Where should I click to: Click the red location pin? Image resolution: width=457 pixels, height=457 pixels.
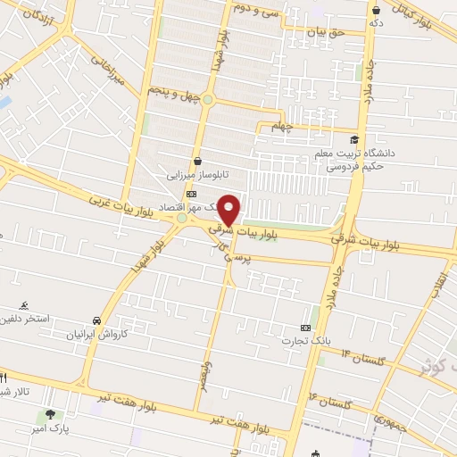click(229, 210)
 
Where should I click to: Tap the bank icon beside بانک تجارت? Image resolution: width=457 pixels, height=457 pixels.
click(306, 328)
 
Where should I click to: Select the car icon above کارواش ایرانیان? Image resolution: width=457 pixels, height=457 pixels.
click(96, 320)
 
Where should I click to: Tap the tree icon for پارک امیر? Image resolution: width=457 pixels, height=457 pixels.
click(50, 415)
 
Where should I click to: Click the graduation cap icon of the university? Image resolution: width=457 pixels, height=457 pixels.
click(354, 140)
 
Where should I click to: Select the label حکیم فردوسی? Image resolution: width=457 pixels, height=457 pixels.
click(353, 165)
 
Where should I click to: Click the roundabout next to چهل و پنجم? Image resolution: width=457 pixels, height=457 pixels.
click(207, 99)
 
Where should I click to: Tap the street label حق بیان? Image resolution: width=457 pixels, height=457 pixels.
click(324, 32)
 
